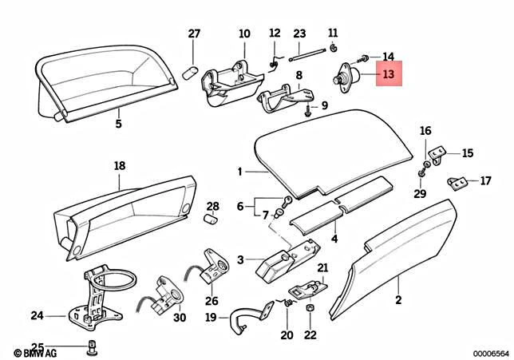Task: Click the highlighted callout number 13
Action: pos(389,74)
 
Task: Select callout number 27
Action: pos(194,34)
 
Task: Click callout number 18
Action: pos(120,166)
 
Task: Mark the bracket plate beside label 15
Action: pos(437,152)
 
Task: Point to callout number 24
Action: pos(37,315)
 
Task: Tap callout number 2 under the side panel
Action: pos(397,301)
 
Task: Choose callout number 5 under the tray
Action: pos(117,124)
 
